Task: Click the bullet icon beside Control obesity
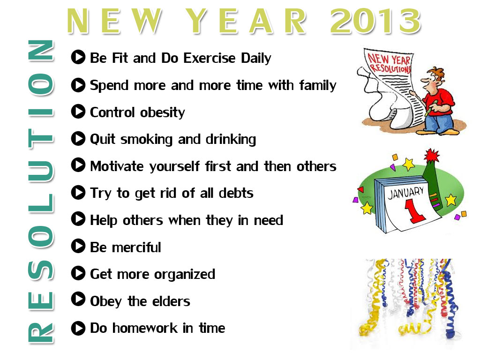(78, 112)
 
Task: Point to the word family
(318, 85)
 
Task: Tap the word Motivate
(117, 166)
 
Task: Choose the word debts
(236, 193)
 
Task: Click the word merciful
(136, 247)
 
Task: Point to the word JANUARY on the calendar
(405, 193)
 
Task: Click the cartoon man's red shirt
(438, 102)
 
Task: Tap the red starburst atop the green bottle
(432, 156)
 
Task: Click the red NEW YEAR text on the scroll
(389, 58)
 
